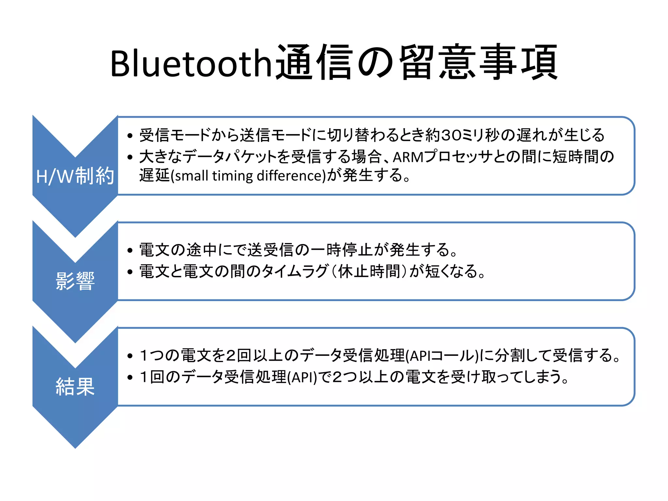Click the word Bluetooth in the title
(x=191, y=64)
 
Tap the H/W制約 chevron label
(x=75, y=176)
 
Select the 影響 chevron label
(x=75, y=281)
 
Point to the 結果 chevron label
(x=75, y=387)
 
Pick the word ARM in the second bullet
(x=408, y=157)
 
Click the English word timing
(x=233, y=176)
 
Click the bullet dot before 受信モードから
(x=130, y=136)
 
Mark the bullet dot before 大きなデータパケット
(x=130, y=158)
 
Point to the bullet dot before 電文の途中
(x=130, y=250)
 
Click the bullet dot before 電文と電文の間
(x=130, y=272)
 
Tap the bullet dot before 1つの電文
(x=130, y=356)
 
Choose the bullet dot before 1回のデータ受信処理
(x=130, y=377)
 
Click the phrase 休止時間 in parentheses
(x=369, y=271)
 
